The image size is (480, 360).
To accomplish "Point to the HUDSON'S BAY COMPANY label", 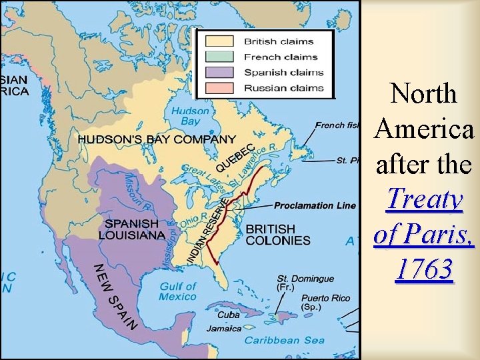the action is [x=157, y=139].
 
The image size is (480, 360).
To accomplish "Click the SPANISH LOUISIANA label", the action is [x=132, y=229].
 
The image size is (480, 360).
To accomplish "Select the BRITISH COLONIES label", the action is [x=278, y=235].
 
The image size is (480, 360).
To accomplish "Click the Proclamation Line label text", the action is [x=315, y=205].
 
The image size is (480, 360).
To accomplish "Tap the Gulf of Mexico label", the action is [x=178, y=291].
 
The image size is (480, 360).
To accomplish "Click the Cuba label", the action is [x=229, y=315].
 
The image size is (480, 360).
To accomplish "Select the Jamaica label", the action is [x=223, y=329].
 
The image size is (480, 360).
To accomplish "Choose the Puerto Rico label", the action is [x=323, y=303].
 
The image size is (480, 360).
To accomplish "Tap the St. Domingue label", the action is [x=305, y=282].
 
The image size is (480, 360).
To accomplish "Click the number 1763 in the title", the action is [x=424, y=270].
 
